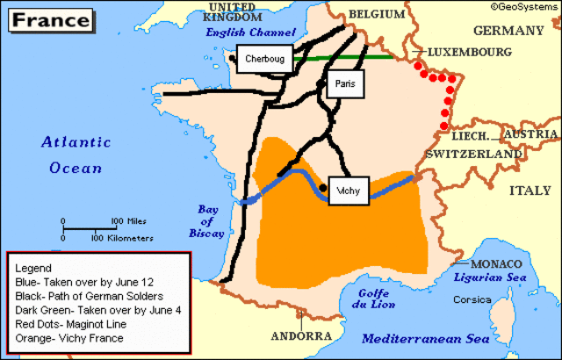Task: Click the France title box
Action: click(47, 18)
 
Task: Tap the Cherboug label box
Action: click(263, 59)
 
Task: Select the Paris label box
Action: click(343, 84)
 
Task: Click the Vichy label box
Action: click(349, 191)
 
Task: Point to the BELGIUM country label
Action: click(378, 15)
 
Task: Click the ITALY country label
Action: click(531, 191)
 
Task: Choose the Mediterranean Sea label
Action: click(439, 338)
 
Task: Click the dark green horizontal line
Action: click(351, 57)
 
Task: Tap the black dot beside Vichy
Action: click(323, 188)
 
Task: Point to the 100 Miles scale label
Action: click(128, 221)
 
